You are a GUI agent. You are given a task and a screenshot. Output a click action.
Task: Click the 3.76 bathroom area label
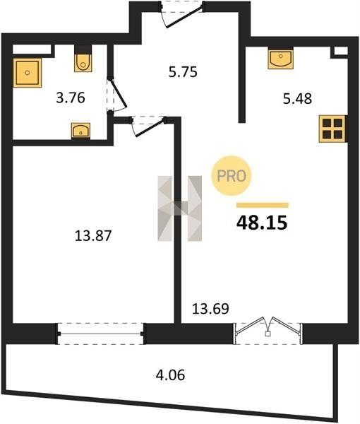click(71, 98)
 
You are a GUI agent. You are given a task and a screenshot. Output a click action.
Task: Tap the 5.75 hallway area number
click(183, 72)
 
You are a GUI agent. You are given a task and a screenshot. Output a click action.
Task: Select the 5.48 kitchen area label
click(297, 98)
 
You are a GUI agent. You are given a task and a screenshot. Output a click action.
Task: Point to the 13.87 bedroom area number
click(93, 235)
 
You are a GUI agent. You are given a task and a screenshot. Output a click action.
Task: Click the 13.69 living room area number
click(210, 309)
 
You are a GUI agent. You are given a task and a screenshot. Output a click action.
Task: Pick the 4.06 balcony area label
click(170, 375)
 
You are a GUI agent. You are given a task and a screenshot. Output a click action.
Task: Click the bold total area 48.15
click(262, 223)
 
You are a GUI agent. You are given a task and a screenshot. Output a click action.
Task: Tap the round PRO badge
click(232, 176)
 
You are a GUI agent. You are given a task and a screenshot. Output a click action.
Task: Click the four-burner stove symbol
click(332, 129)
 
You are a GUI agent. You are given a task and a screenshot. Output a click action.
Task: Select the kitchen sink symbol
click(281, 58)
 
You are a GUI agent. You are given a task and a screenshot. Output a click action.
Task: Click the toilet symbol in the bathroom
click(83, 62)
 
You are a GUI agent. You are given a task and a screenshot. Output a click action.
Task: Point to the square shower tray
click(28, 73)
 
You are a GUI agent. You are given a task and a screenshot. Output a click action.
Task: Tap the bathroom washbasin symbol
click(80, 131)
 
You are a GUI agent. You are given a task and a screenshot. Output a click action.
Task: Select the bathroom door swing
click(117, 95)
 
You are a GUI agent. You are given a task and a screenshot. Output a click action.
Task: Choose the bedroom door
click(148, 126)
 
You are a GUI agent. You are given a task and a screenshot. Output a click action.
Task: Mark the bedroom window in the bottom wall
click(100, 334)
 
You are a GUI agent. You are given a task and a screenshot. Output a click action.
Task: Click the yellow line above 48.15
click(263, 205)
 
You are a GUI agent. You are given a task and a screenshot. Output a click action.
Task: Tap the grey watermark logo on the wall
click(179, 208)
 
